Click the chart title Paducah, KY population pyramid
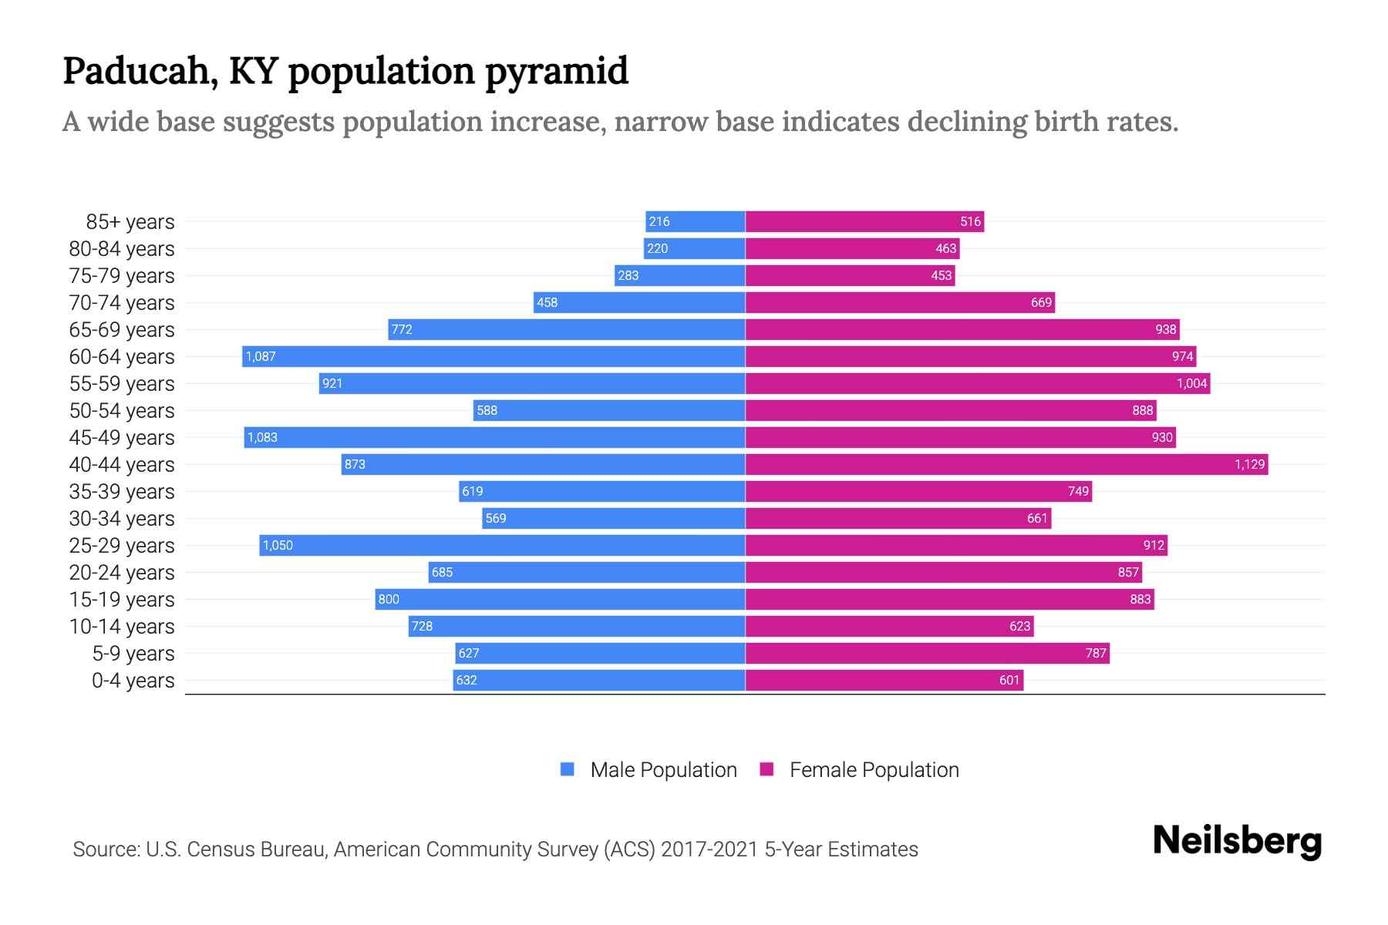click(x=345, y=71)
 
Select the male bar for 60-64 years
click(x=494, y=356)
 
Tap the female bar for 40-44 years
click(x=1002, y=464)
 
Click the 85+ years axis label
click(x=130, y=222)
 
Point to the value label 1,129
click(x=1249, y=464)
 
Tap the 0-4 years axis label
click(x=133, y=681)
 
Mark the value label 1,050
click(x=278, y=545)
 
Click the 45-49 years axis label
click(x=122, y=438)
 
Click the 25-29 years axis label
click(x=122, y=546)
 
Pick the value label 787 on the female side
click(x=1096, y=653)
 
